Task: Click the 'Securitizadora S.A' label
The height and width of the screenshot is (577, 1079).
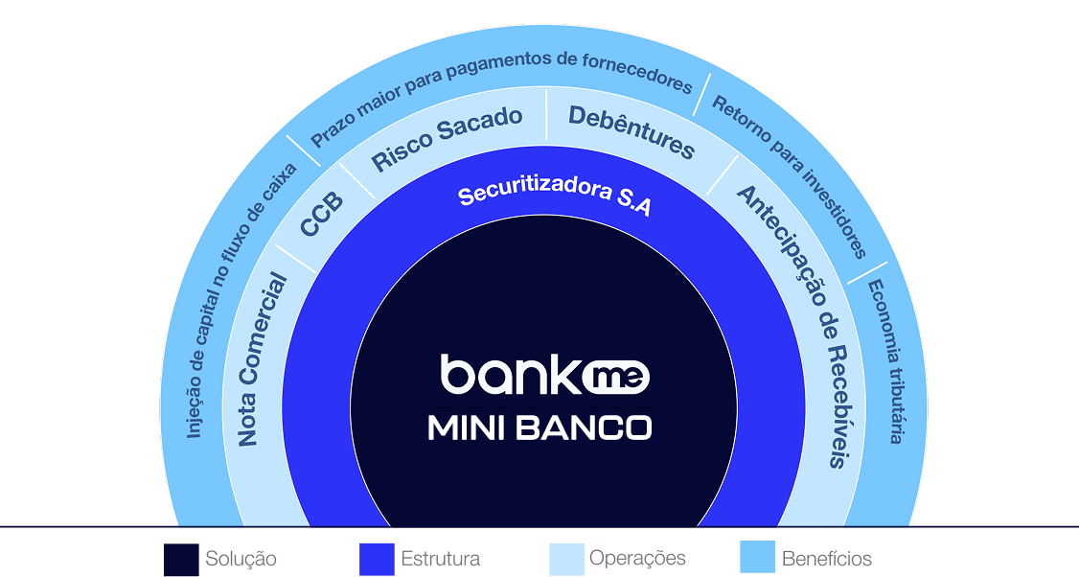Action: (554, 196)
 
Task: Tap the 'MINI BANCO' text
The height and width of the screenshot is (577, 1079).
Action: (539, 427)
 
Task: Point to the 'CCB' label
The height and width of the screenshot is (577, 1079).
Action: (321, 215)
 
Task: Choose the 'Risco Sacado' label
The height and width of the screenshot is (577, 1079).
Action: (447, 138)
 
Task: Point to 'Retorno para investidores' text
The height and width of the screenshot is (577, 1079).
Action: (790, 176)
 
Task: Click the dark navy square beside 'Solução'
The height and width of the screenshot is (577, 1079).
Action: (181, 559)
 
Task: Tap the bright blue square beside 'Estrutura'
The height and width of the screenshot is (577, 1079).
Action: (377, 559)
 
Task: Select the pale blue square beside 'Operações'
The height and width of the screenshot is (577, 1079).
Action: (566, 559)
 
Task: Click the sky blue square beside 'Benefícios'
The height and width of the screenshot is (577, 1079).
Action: (758, 559)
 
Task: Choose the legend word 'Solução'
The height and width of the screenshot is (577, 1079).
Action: (241, 559)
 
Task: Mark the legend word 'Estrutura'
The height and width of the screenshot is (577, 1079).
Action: (440, 559)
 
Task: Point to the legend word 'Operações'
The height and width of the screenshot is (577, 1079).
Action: (637, 559)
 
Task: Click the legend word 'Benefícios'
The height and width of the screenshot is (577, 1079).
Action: (826, 559)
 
